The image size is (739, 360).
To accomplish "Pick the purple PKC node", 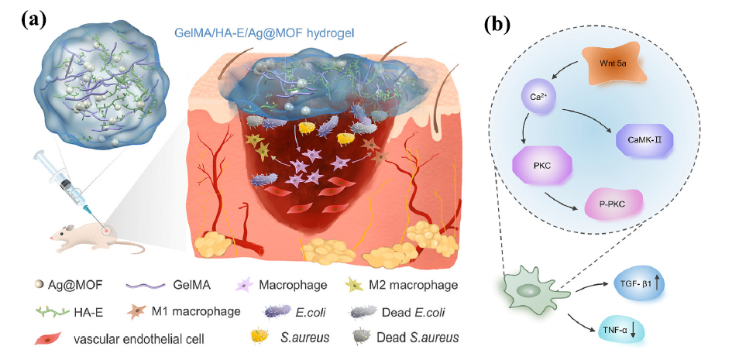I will [x=541, y=166].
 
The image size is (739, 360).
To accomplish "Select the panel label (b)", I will [x=497, y=24].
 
